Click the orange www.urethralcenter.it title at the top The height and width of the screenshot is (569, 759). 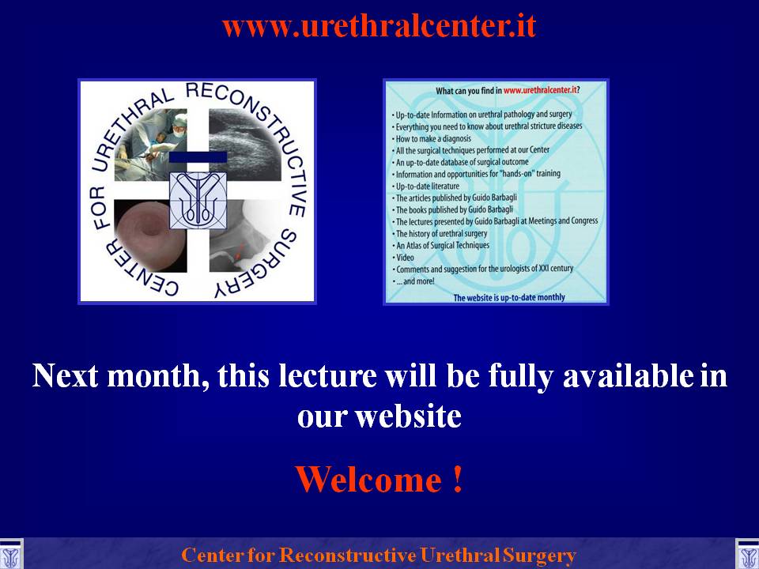click(379, 26)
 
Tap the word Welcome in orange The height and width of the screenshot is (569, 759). click(368, 480)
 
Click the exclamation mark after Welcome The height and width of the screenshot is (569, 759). click(458, 479)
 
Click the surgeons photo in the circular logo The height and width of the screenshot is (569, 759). click(150, 145)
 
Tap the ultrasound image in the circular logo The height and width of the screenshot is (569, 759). click(245, 145)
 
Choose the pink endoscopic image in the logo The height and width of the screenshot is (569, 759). click(150, 236)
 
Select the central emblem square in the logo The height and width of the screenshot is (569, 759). click(198, 201)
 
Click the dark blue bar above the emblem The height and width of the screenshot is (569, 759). click(198, 157)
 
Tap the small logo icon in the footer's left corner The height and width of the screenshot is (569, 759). click(10, 555)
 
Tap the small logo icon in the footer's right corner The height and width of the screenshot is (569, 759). click(748, 555)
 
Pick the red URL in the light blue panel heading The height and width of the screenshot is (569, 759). click(540, 90)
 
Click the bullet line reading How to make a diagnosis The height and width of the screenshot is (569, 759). click(432, 138)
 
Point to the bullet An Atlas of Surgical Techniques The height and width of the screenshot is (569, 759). click(440, 245)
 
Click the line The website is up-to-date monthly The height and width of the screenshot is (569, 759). click(509, 298)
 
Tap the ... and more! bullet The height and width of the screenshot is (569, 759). click(413, 281)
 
